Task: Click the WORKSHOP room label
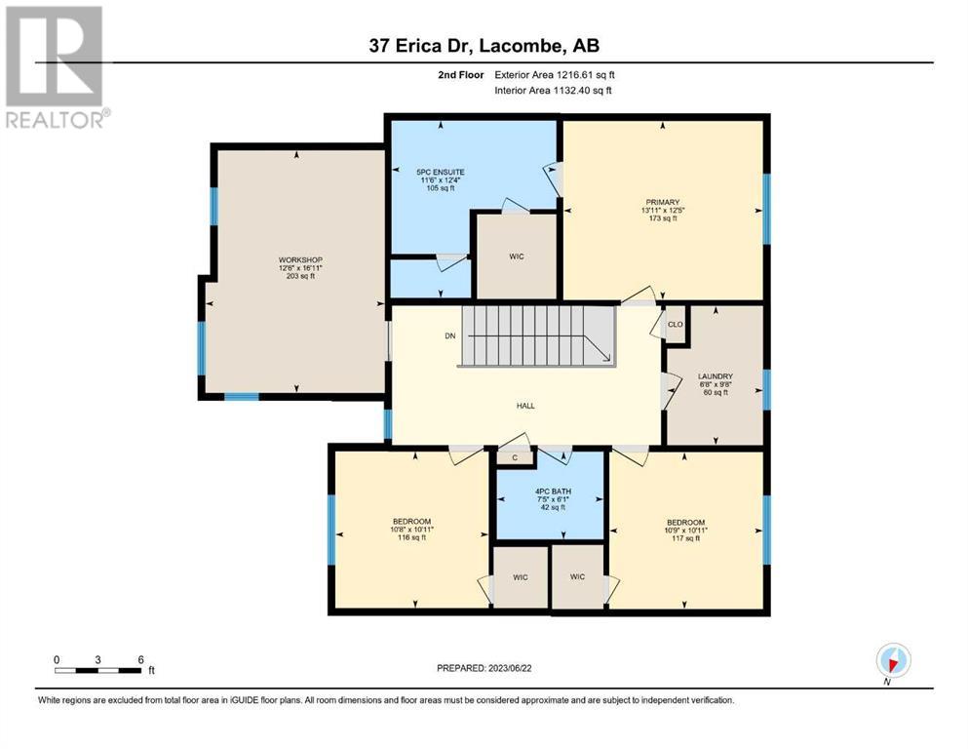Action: point(300,260)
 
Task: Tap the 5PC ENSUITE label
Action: point(441,173)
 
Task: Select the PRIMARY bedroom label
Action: point(663,202)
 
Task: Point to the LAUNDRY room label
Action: point(715,376)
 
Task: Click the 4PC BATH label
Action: point(553,492)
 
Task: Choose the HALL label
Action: point(525,406)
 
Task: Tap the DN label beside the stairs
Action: point(450,335)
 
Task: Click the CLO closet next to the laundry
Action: point(676,324)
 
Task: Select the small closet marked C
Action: point(515,457)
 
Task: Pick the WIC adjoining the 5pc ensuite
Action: point(516,256)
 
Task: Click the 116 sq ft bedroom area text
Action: point(411,537)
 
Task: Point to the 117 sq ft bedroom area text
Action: point(685,538)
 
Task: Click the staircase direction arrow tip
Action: point(610,360)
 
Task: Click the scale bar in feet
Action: point(98,670)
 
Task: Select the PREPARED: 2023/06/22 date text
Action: point(484,668)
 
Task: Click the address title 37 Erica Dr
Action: point(421,46)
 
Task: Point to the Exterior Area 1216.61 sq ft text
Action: point(555,75)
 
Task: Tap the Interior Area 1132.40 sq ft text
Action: point(553,90)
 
